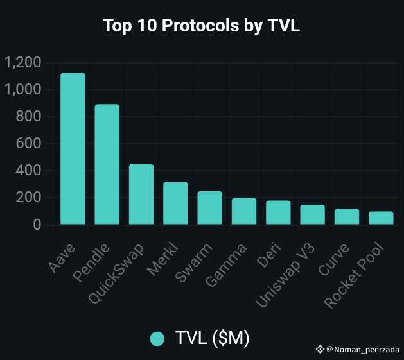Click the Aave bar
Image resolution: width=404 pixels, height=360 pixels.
(73, 149)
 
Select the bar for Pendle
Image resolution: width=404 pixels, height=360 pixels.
(107, 164)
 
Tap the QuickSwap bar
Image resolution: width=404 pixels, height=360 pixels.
(141, 194)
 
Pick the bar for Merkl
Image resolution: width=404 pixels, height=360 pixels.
(175, 203)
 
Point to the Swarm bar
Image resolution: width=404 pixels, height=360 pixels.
(209, 208)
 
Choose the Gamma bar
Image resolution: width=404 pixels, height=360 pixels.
(244, 211)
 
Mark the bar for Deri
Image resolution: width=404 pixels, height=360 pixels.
(278, 212)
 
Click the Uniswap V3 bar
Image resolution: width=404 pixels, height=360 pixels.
(312, 214)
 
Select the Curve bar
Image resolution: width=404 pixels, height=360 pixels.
(347, 216)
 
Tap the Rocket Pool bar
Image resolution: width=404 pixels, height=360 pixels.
(381, 218)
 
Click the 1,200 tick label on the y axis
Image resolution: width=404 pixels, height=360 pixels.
(22, 63)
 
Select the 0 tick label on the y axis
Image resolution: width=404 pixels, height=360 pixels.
(37, 225)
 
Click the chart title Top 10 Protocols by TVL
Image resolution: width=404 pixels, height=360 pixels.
(202, 26)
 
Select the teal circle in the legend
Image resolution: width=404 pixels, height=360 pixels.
(157, 339)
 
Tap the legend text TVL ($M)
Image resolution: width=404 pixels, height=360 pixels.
(212, 339)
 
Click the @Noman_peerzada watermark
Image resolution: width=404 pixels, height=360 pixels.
(362, 349)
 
